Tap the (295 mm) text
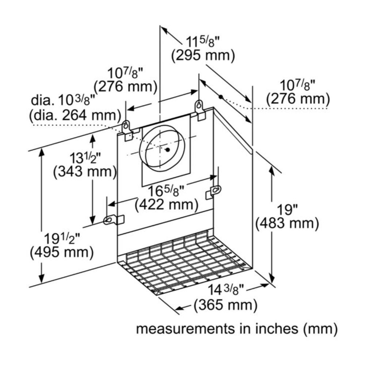tap(203, 56)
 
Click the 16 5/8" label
tap(166, 191)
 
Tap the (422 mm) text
tap(166, 205)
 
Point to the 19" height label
tap(287, 210)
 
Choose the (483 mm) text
tap(287, 223)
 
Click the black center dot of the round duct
tap(167, 150)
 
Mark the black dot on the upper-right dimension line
tap(220, 97)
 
